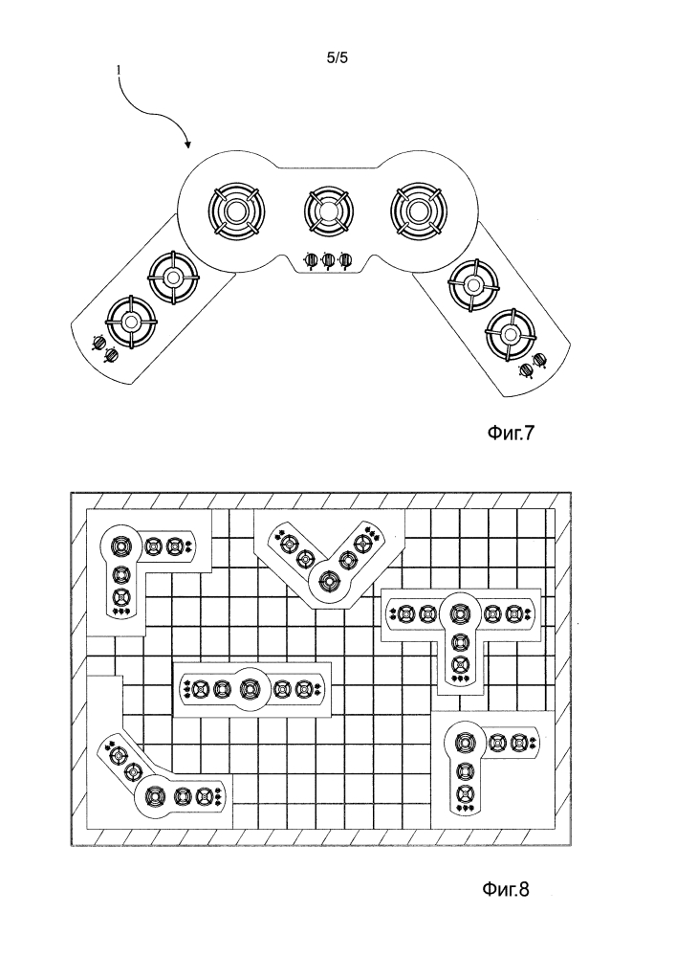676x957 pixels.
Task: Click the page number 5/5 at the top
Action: coord(337,57)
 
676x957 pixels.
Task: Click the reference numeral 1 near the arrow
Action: coord(119,70)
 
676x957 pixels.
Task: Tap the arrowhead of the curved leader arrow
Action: coord(187,146)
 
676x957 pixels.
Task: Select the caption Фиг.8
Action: coord(504,890)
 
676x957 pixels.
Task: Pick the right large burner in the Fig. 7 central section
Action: coord(418,209)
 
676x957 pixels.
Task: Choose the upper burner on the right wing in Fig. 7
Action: coord(474,283)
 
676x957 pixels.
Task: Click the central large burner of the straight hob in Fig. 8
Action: coord(251,687)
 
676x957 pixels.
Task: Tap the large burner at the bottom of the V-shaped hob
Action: coord(329,580)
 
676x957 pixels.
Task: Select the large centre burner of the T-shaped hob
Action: coord(460,612)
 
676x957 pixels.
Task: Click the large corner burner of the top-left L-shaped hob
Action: coord(120,546)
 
